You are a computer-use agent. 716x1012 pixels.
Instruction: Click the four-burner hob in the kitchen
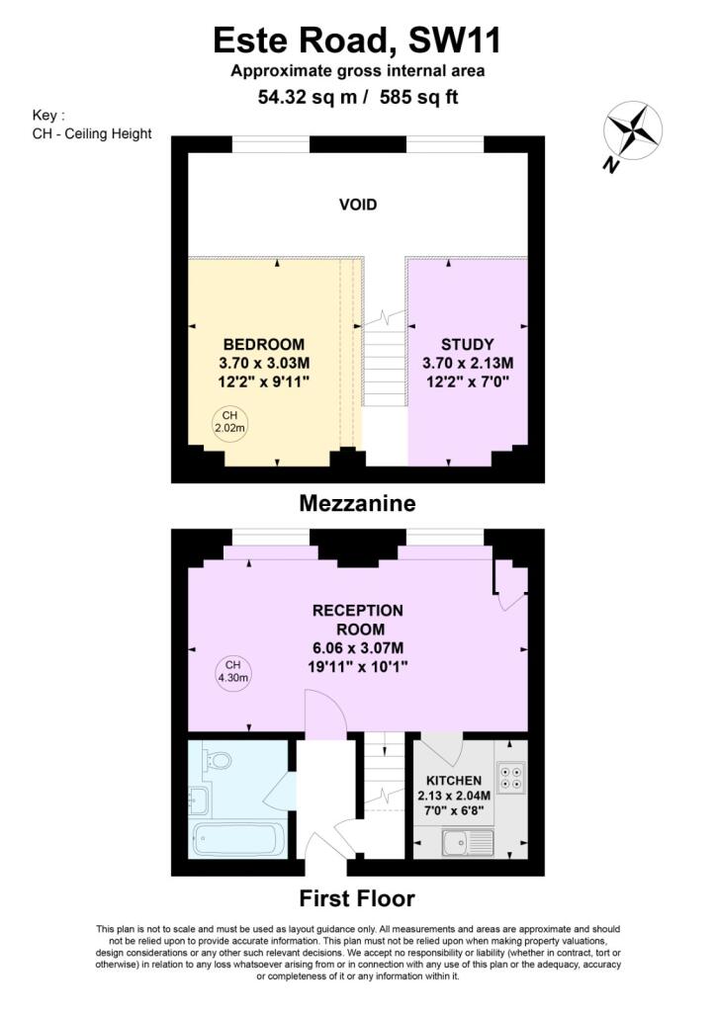[510, 777]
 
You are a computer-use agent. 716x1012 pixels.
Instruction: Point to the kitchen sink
[468, 842]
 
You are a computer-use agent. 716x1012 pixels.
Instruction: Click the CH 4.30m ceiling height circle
[232, 671]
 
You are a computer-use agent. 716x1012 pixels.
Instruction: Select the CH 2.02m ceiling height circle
[229, 421]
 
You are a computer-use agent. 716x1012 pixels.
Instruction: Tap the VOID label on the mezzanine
[358, 205]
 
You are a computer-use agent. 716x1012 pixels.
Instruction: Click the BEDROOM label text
[263, 344]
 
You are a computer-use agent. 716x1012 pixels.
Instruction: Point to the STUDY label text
[468, 344]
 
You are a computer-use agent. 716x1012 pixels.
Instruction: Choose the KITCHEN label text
[454, 781]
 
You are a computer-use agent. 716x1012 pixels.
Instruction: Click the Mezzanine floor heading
[358, 503]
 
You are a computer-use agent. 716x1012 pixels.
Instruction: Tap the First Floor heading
[357, 897]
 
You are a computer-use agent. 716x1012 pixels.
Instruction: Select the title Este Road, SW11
[357, 40]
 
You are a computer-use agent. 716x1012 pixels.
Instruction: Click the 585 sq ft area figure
[419, 97]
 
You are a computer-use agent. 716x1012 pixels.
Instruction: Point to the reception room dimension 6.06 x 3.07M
[358, 648]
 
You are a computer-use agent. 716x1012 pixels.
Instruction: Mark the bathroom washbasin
[198, 800]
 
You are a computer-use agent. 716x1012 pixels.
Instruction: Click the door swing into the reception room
[326, 714]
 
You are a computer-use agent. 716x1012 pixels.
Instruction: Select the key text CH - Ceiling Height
[92, 133]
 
